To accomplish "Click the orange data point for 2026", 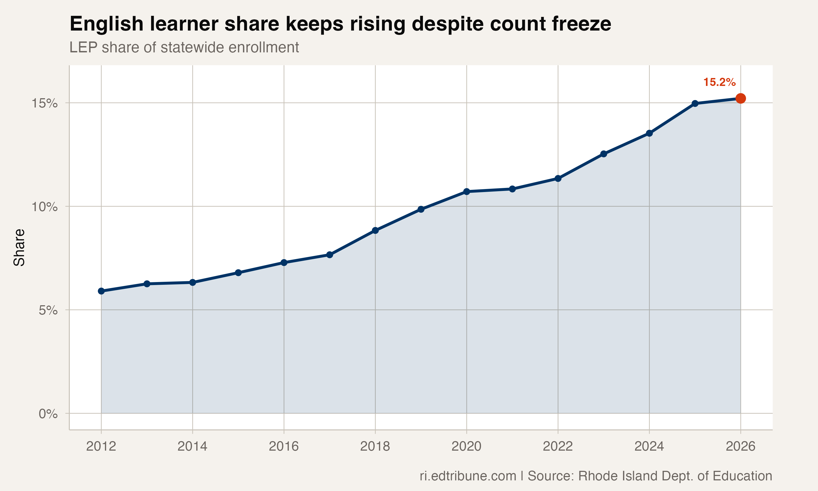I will pos(740,98).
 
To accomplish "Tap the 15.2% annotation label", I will pos(719,82).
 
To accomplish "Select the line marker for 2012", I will pos(101,291).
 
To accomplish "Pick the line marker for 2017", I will pos(330,255).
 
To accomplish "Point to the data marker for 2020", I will pos(467,191).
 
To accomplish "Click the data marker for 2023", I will pos(604,154).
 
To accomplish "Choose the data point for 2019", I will pos(421,209).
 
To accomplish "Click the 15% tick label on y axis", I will pos(44,103).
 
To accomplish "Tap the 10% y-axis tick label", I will pos(44,207).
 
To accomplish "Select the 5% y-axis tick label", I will pos(48,310).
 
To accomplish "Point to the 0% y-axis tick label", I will pos(48,414).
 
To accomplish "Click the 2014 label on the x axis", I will pos(193,447).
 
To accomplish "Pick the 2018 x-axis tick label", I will pos(375,447).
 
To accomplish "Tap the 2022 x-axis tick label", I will pos(558,447).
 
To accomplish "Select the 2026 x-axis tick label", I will pos(740,447).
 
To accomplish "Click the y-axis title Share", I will pos(19,247).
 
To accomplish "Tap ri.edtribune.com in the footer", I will pos(468,476).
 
